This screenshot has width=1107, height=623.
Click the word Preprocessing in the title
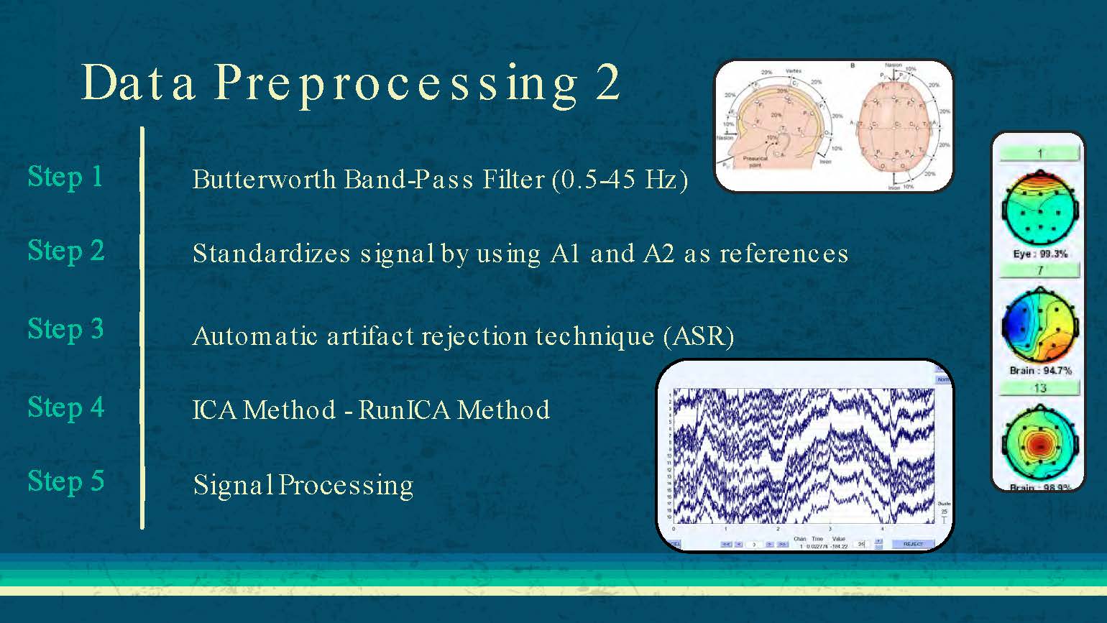tap(395, 83)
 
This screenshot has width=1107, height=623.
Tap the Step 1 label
tap(65, 177)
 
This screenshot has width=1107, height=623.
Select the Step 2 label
tap(66, 251)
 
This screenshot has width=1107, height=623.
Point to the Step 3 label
tap(66, 329)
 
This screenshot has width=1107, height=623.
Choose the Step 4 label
tap(66, 407)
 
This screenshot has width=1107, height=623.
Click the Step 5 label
tap(66, 481)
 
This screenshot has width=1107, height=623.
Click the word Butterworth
tap(265, 179)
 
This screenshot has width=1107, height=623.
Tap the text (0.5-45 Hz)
tap(620, 179)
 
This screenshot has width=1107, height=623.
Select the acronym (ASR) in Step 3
tap(698, 336)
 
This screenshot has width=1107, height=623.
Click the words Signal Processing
tap(303, 486)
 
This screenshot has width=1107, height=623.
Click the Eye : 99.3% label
tap(1040, 254)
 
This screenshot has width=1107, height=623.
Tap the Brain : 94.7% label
tap(1040, 371)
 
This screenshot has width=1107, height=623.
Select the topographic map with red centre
tap(1039, 443)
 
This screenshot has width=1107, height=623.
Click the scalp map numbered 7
tap(1039, 325)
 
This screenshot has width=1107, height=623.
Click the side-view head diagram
tap(776, 126)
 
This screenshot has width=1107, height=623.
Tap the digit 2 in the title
tap(607, 83)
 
